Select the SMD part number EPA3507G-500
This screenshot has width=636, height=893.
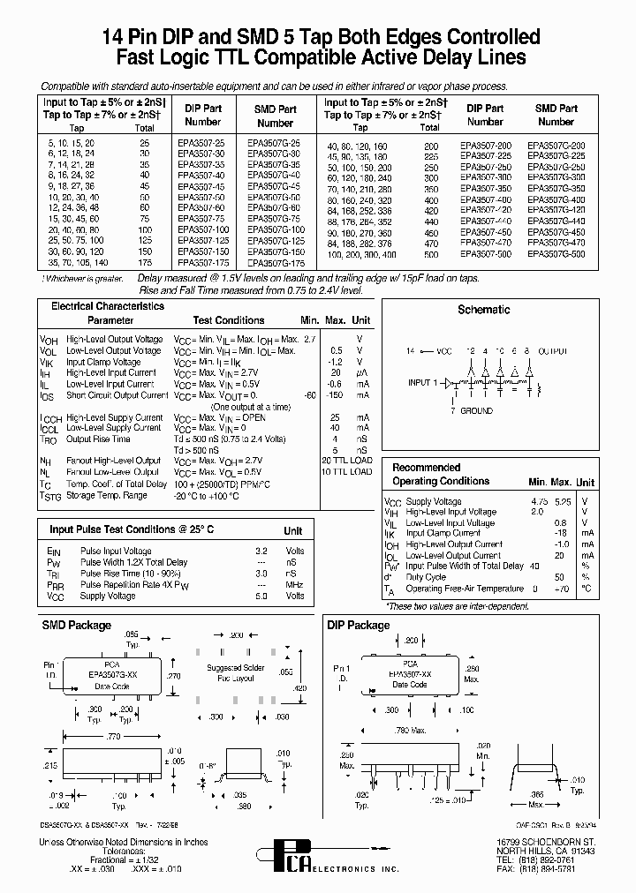click(556, 253)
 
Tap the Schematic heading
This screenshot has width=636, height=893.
click(483, 309)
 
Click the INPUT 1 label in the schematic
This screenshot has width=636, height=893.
click(422, 383)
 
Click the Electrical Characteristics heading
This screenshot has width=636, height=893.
click(108, 306)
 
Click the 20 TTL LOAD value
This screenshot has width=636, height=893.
click(346, 461)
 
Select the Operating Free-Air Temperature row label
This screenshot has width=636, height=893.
click(465, 589)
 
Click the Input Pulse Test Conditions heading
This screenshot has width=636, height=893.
click(132, 529)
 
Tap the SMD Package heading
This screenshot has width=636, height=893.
click(77, 626)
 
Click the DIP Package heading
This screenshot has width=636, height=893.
click(358, 626)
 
